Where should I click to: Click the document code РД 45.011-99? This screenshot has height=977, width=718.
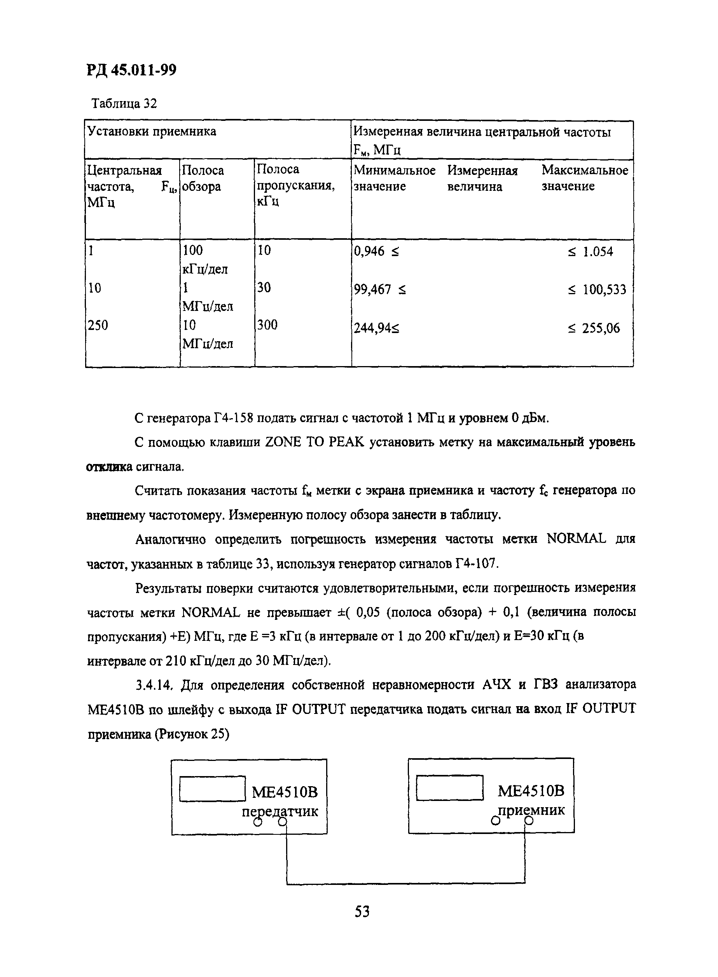click(131, 70)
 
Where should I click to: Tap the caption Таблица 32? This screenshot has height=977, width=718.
click(124, 104)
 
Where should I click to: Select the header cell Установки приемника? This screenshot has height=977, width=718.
click(152, 131)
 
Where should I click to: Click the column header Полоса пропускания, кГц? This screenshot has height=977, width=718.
click(295, 185)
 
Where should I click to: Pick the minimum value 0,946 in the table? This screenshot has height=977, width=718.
click(369, 251)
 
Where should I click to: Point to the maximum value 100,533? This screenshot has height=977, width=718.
click(604, 289)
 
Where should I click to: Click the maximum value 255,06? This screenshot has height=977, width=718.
click(601, 328)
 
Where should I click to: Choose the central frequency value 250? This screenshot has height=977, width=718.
click(98, 325)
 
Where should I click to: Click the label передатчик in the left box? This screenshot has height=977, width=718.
click(280, 811)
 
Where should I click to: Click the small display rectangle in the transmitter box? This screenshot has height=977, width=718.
click(212, 789)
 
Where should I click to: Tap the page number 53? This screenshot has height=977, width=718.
click(362, 911)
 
